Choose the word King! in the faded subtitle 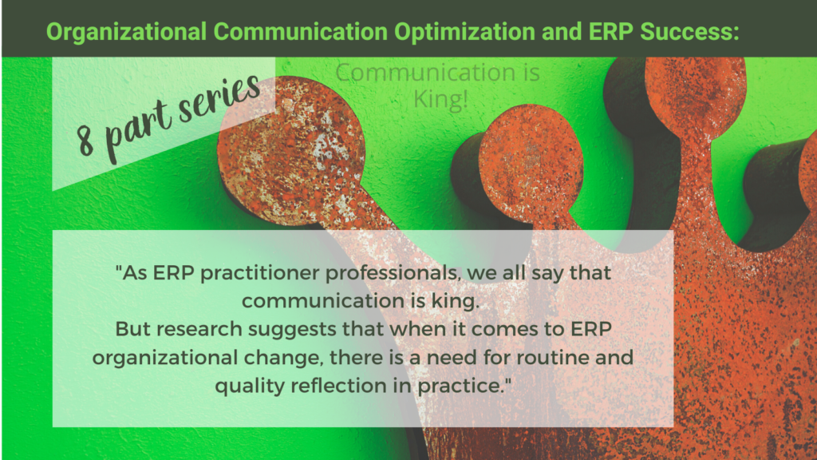click(437, 100)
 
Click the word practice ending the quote click(472, 385)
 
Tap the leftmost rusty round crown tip click(292, 151)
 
